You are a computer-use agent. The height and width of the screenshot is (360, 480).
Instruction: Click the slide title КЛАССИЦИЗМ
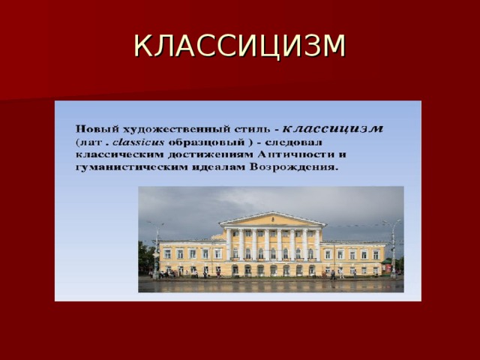[x=240, y=46]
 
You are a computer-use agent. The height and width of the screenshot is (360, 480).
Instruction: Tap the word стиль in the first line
[x=252, y=130]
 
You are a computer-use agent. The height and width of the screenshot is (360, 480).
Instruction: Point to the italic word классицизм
[x=332, y=128]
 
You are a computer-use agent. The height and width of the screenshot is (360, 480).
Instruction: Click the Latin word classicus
[x=139, y=142]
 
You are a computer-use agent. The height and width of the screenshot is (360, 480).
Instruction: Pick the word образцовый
[x=207, y=143]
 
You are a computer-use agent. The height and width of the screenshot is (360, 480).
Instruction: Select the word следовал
[x=293, y=142]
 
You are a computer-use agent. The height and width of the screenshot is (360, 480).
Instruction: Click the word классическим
[x=120, y=154]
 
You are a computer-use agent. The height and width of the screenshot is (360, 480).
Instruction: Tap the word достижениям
[x=211, y=155]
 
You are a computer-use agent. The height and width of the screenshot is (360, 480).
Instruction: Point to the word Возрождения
[x=294, y=167]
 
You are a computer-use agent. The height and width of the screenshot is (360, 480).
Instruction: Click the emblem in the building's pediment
[x=272, y=219]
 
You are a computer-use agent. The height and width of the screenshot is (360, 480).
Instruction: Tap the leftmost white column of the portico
[x=228, y=244]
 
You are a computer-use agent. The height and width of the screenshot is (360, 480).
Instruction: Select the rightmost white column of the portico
[x=317, y=244]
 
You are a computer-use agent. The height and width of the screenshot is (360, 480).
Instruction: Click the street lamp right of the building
[x=393, y=248]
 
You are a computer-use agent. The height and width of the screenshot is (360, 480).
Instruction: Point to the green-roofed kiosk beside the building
[x=387, y=266]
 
